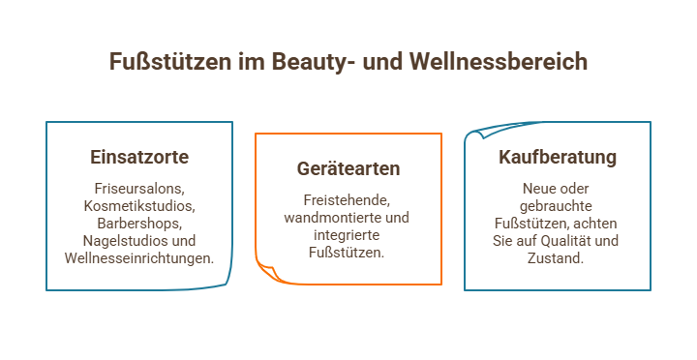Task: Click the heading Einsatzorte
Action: [139, 157]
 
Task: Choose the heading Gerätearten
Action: [348, 168]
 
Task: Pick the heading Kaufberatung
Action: [558, 157]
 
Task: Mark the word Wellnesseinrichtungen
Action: [137, 257]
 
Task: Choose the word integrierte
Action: [348, 235]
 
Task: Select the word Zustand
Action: [558, 257]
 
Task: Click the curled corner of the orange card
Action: [267, 271]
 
